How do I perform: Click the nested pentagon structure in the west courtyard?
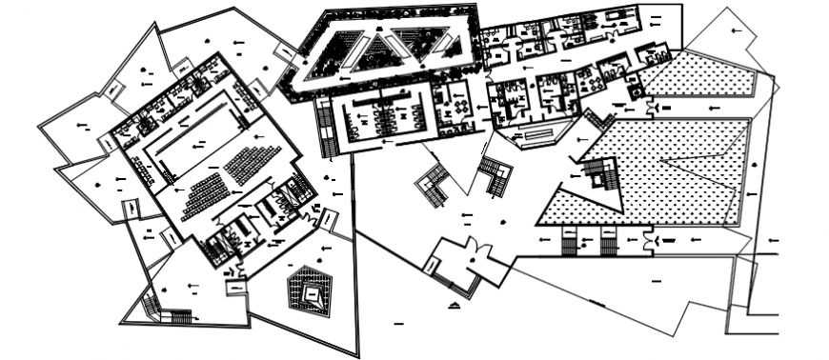308,291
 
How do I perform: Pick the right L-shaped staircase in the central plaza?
495,175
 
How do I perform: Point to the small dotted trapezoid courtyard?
700,74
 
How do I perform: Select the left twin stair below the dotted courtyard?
571,244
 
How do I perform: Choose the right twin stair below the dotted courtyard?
608,244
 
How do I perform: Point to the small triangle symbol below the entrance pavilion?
455,304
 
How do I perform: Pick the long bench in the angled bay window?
547,133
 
